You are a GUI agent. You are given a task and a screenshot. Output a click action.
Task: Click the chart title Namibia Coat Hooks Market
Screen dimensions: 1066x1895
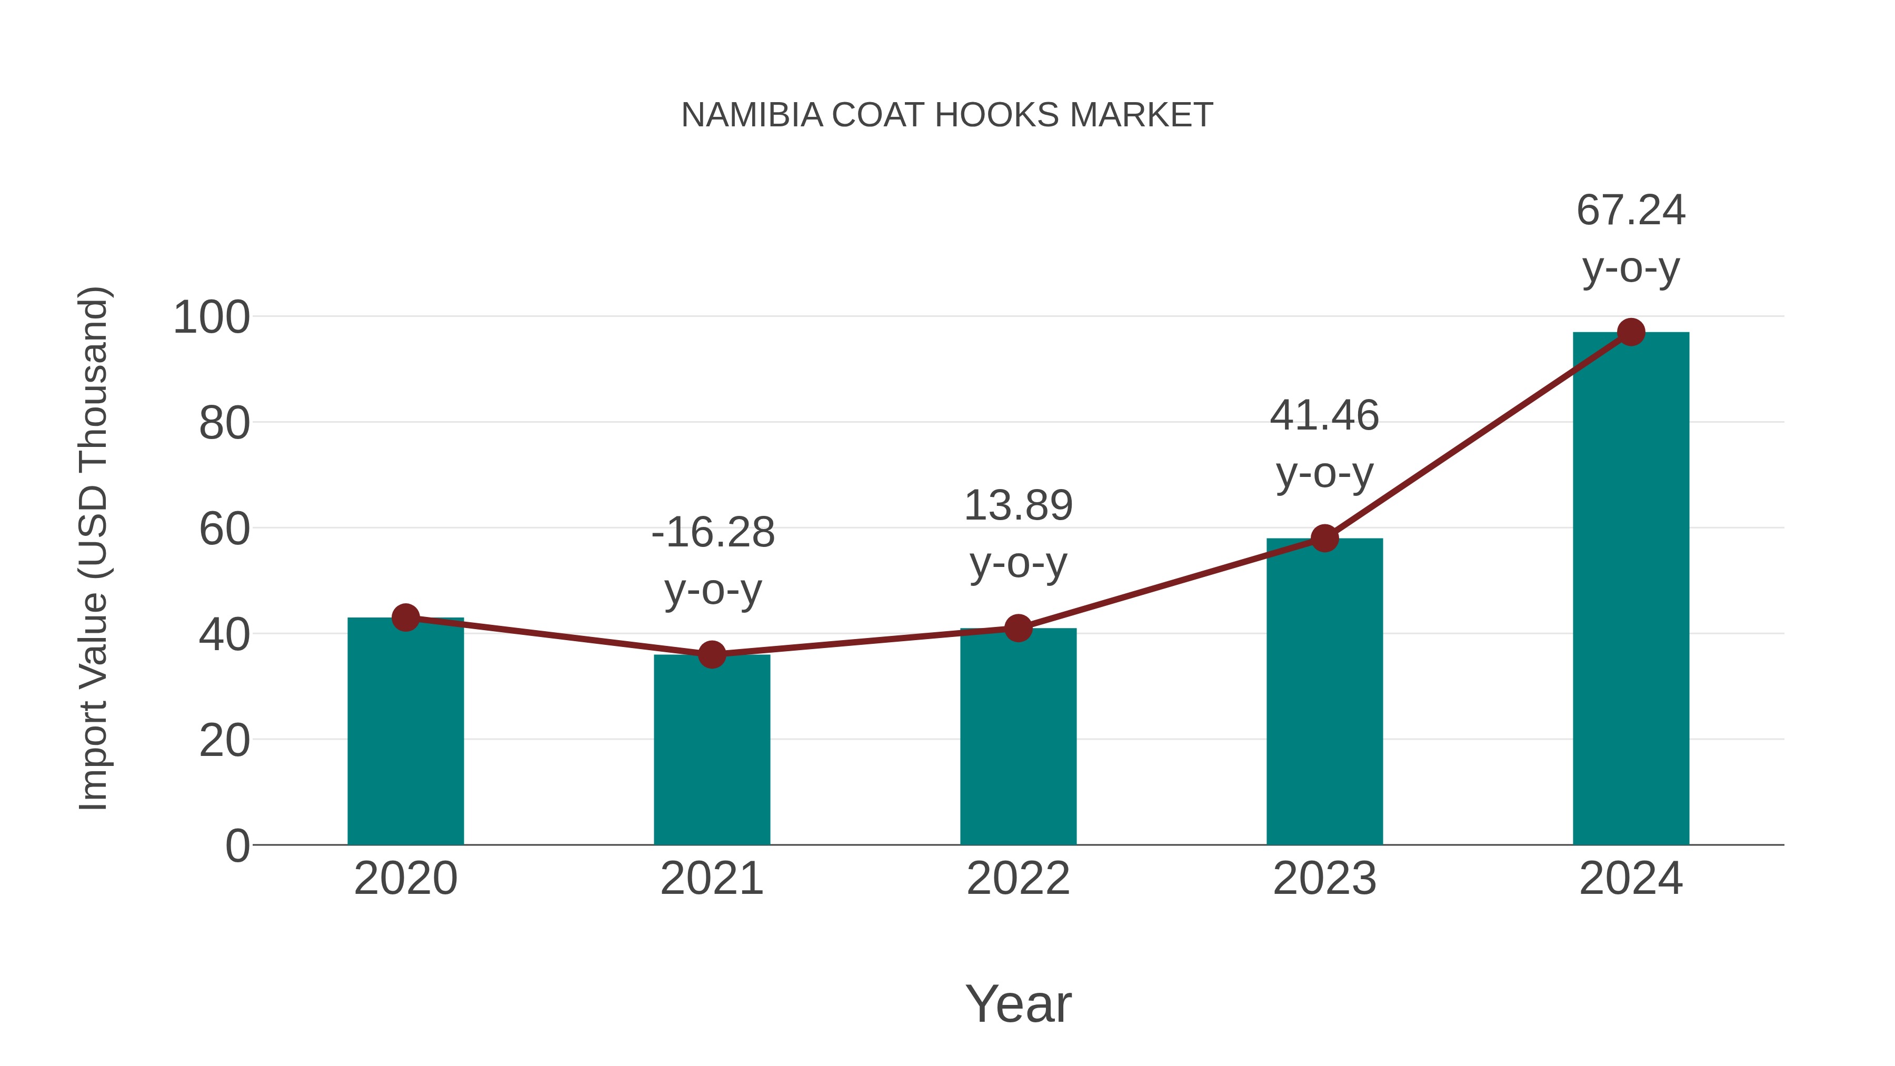tap(947, 115)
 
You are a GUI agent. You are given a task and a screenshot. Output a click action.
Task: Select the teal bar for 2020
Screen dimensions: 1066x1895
tap(405, 736)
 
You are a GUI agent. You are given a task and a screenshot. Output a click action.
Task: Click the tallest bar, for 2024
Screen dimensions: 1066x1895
tap(1631, 589)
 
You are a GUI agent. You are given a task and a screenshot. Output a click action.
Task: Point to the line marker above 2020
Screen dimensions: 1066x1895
tap(405, 617)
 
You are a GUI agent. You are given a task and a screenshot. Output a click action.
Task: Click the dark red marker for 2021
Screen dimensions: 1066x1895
tap(711, 654)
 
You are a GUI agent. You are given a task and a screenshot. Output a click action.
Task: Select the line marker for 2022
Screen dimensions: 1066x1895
tap(1018, 628)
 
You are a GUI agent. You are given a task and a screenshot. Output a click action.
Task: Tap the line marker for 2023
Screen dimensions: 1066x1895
tap(1324, 539)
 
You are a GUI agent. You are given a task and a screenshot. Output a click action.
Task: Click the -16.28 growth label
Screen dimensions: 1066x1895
tap(713, 533)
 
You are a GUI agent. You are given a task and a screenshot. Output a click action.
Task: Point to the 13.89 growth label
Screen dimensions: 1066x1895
tap(1018, 506)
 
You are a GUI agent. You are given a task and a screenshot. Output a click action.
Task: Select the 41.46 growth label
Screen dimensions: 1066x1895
tap(1324, 416)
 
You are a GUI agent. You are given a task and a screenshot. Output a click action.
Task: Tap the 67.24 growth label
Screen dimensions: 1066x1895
tap(1631, 211)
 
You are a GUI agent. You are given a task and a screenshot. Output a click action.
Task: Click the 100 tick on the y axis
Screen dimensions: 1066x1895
tap(211, 318)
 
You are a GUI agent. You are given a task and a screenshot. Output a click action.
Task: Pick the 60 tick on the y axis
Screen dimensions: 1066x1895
tap(224, 529)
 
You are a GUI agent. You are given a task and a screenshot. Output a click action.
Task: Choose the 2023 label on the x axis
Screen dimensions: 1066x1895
tap(1324, 879)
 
